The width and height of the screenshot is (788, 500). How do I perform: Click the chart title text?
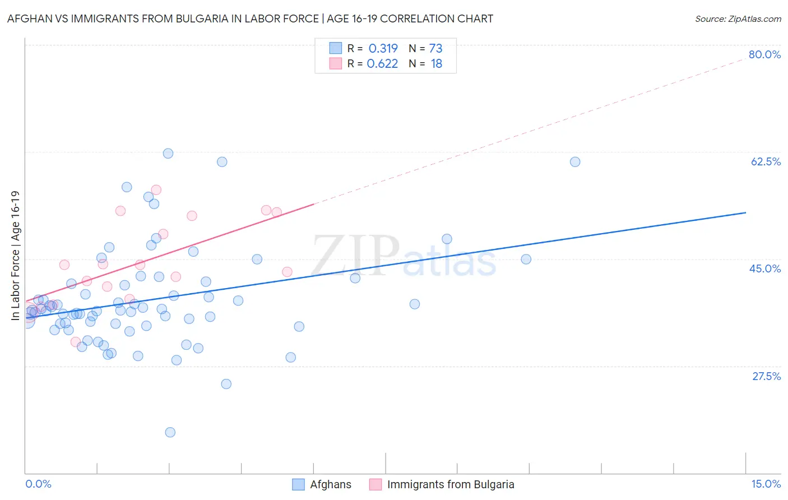(x=250, y=18)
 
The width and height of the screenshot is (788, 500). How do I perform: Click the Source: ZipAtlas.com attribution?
(x=738, y=18)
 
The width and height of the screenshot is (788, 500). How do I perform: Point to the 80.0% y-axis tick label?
(x=764, y=54)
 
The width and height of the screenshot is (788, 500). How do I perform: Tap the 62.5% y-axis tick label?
(x=766, y=161)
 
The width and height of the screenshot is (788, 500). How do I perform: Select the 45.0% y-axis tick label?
(x=765, y=268)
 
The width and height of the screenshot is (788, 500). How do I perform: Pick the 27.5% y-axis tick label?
(x=766, y=376)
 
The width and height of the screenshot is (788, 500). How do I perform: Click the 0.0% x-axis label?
(x=38, y=484)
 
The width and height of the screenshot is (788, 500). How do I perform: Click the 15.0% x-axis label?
(x=766, y=484)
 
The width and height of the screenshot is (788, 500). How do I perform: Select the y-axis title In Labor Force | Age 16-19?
(x=16, y=256)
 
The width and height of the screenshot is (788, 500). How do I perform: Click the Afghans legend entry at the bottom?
(x=330, y=484)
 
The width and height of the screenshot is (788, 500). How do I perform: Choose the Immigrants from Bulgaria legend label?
(x=450, y=484)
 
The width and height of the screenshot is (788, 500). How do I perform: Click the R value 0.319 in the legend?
(x=383, y=48)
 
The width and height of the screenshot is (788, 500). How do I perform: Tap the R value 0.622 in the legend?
(x=382, y=64)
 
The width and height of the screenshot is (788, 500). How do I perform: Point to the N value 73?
(x=435, y=48)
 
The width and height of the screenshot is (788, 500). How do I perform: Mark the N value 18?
(x=436, y=64)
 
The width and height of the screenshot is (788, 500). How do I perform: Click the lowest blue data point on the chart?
(x=170, y=432)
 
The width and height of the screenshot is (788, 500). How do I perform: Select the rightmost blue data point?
(x=575, y=162)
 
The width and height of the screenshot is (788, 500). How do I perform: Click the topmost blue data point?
(x=168, y=154)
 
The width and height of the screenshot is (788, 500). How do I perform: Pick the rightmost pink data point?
(x=287, y=272)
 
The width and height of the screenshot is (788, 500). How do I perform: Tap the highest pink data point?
(x=156, y=190)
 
